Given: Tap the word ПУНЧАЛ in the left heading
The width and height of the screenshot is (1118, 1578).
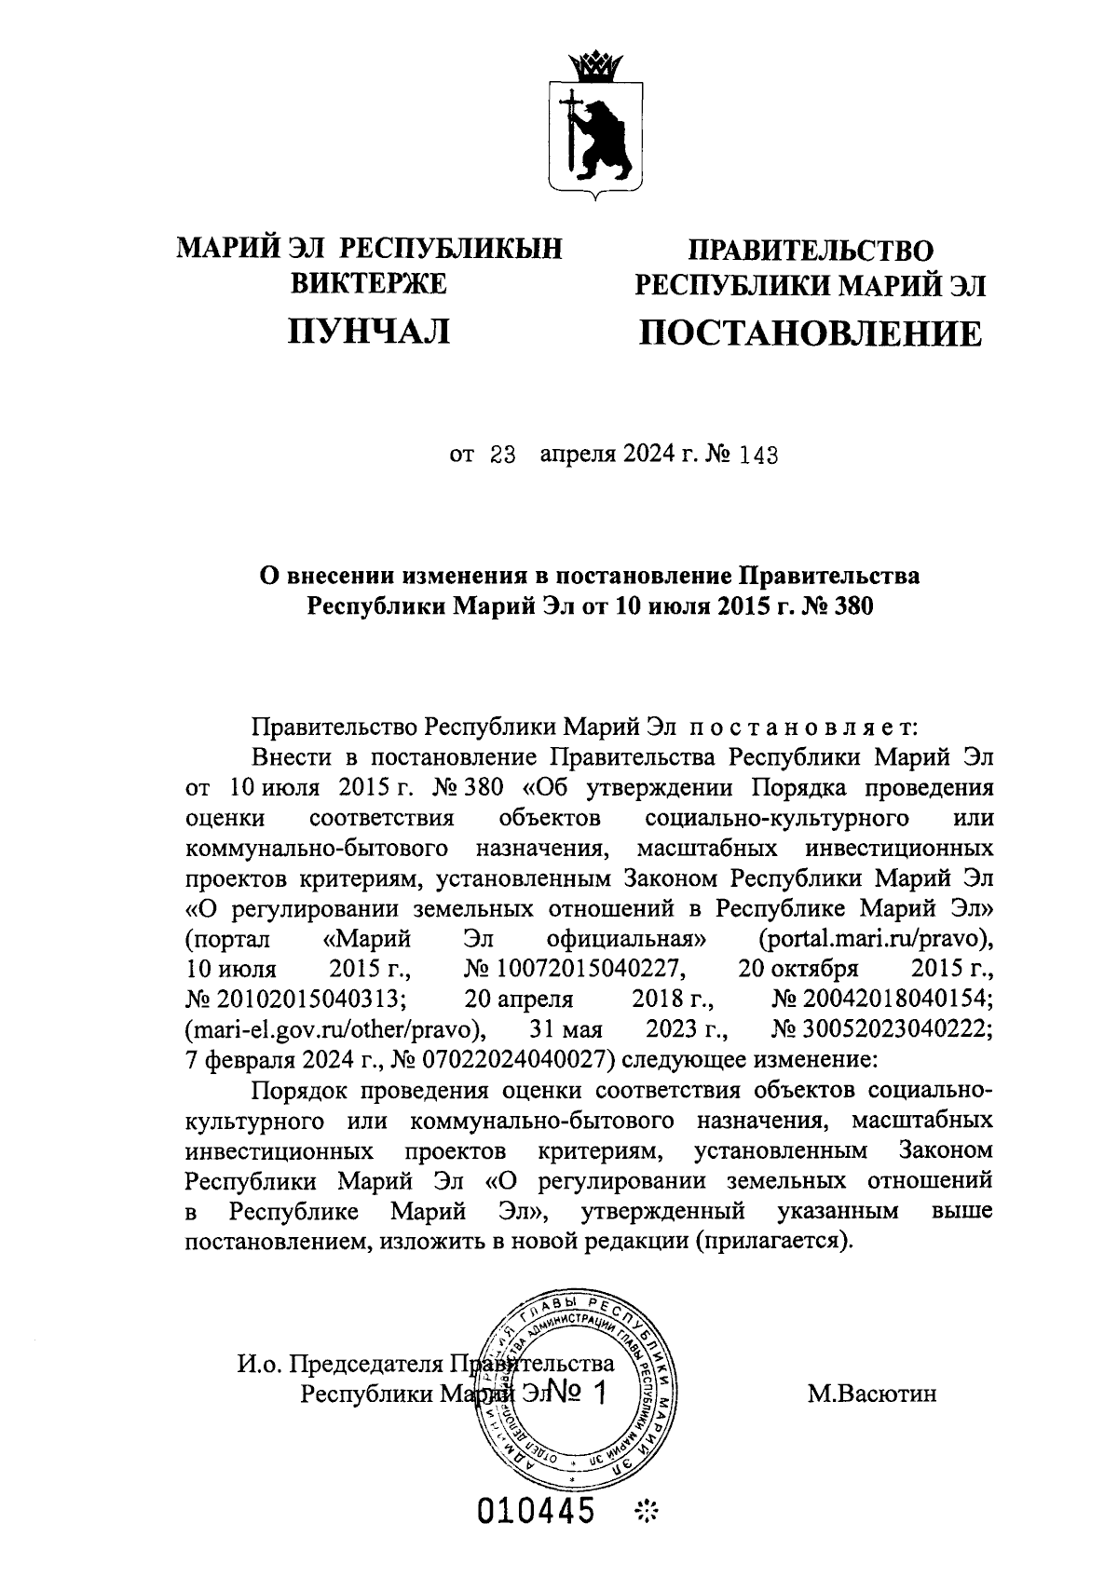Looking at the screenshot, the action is tap(369, 331).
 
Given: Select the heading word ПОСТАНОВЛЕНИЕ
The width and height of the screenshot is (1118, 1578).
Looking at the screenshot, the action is tap(809, 333).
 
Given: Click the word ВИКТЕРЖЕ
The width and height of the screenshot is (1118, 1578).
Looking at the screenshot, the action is tap(369, 284).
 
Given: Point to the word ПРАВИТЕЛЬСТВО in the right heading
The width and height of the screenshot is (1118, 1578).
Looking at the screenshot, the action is tap(809, 250).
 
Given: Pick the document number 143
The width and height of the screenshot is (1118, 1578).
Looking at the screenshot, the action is tap(757, 456).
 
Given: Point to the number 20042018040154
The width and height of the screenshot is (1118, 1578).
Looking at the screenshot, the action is tap(882, 999).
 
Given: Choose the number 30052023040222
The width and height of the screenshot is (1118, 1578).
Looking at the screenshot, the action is tap(882, 1029).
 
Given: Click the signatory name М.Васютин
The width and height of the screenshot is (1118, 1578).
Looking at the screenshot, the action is tap(871, 1394).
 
